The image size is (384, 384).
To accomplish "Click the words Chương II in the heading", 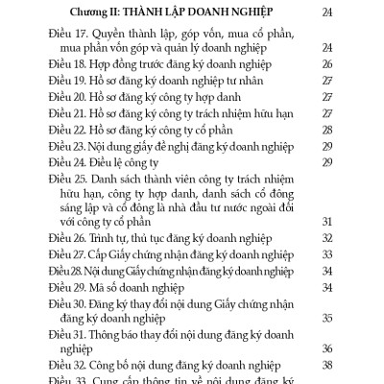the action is click(x=103, y=12).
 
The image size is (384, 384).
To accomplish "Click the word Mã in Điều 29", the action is click(x=97, y=288).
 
